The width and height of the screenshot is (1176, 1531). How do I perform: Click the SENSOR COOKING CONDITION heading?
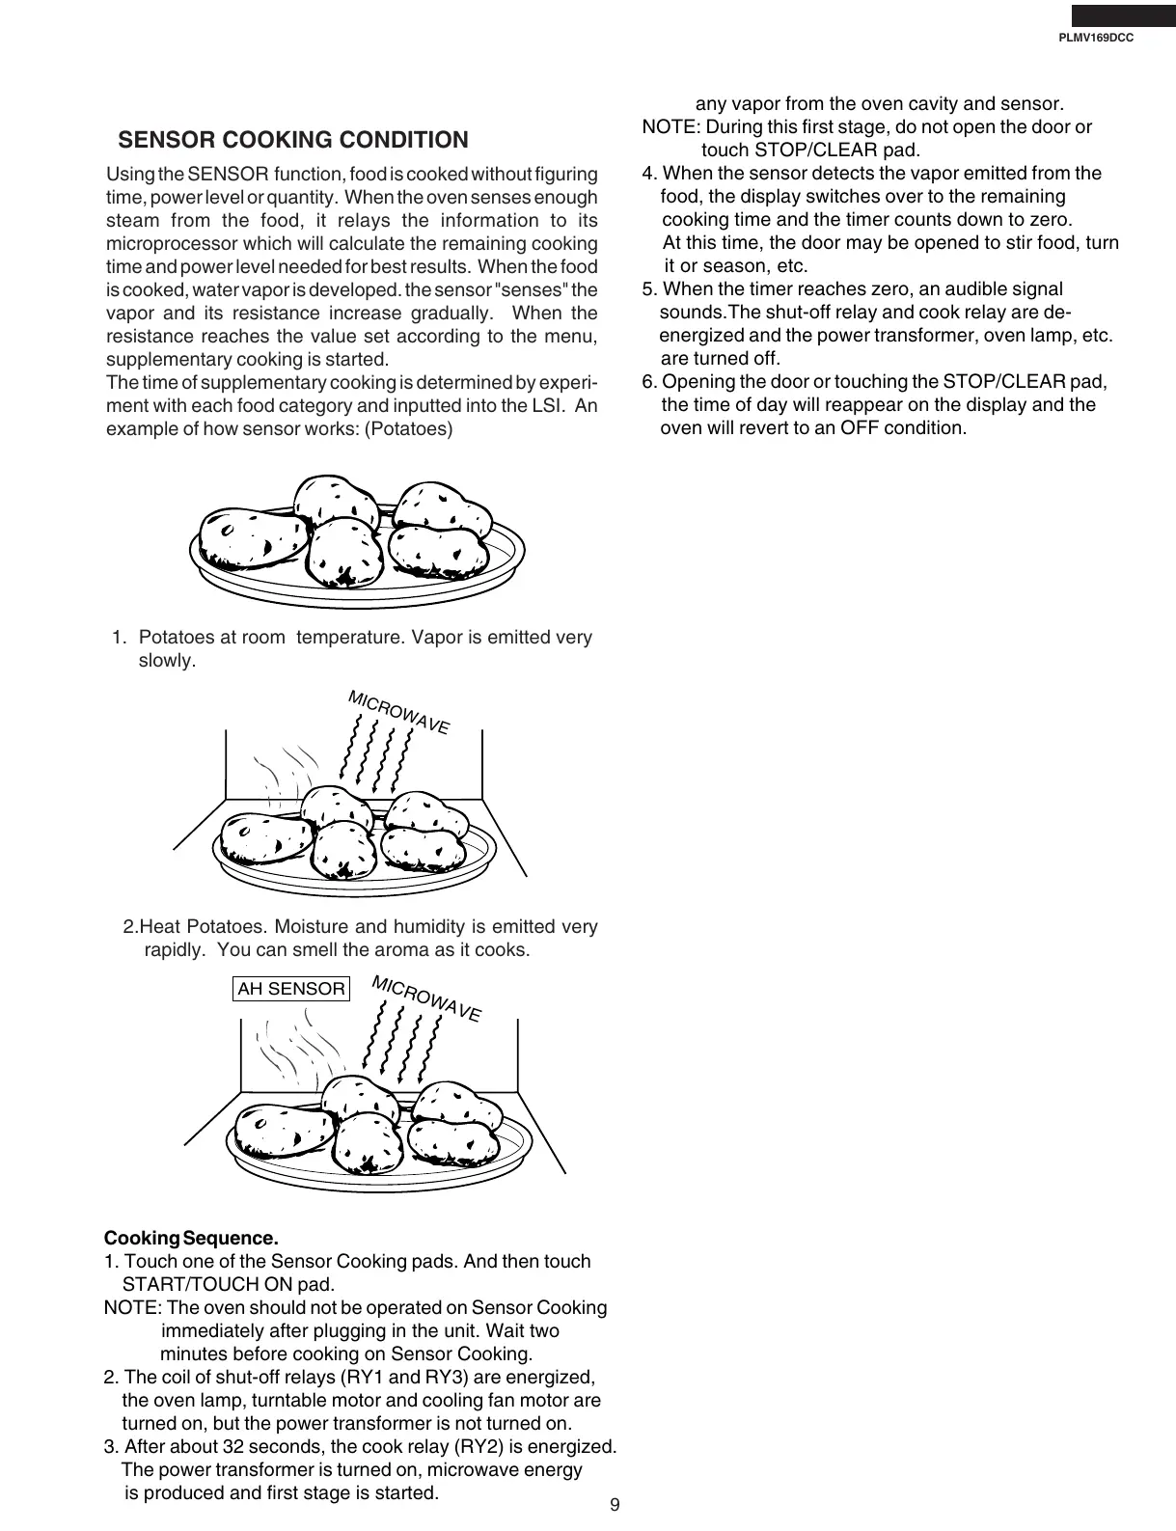coord(292,141)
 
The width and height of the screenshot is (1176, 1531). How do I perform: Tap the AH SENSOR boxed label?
coord(290,989)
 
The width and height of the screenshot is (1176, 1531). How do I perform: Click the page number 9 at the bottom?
coord(615,1506)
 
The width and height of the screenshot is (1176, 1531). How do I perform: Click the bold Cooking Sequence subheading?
coord(191,1238)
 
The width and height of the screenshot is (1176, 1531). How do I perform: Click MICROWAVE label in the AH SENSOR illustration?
coord(425,999)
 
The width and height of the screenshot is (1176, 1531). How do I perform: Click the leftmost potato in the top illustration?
coord(252,537)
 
